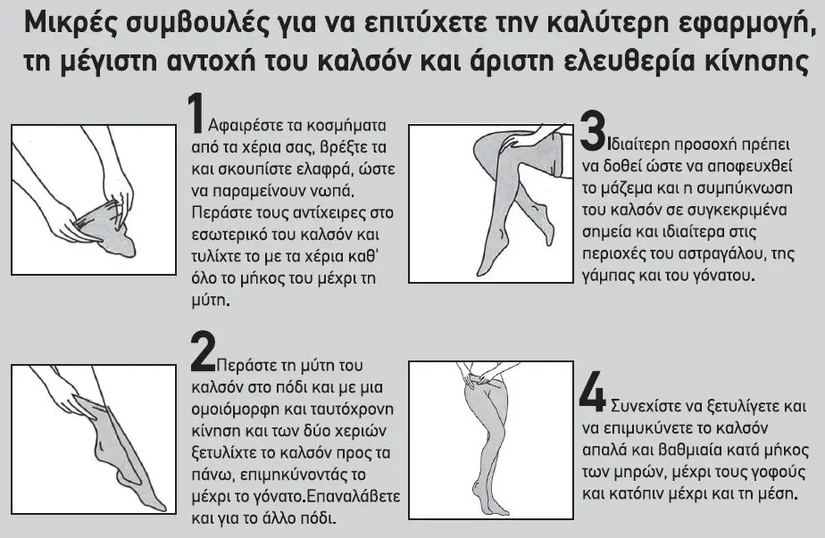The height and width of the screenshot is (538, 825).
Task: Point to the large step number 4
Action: pos(593,392)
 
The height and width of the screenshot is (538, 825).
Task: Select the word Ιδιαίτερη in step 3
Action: pos(638,145)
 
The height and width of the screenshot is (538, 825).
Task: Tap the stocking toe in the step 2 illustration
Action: pos(154,503)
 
